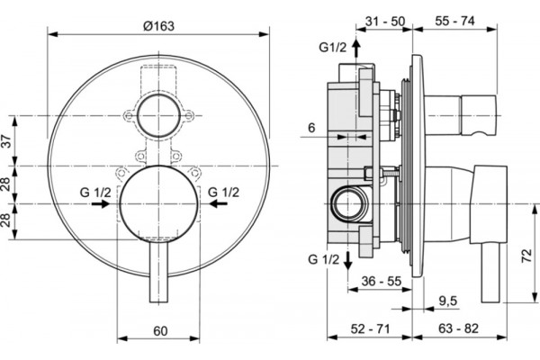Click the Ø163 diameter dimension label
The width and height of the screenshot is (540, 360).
(158, 26)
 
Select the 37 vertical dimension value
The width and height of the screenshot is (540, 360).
(7, 141)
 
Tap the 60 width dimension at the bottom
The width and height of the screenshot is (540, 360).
(160, 331)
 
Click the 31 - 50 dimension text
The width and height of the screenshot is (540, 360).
(385, 21)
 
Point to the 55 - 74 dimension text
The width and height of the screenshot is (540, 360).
(454, 21)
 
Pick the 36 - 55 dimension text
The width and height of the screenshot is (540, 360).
(382, 281)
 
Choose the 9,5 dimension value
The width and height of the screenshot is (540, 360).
(447, 301)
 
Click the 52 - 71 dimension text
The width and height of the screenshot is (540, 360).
(370, 328)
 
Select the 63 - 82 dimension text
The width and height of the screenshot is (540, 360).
(458, 328)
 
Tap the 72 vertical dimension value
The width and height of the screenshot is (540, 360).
(526, 256)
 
